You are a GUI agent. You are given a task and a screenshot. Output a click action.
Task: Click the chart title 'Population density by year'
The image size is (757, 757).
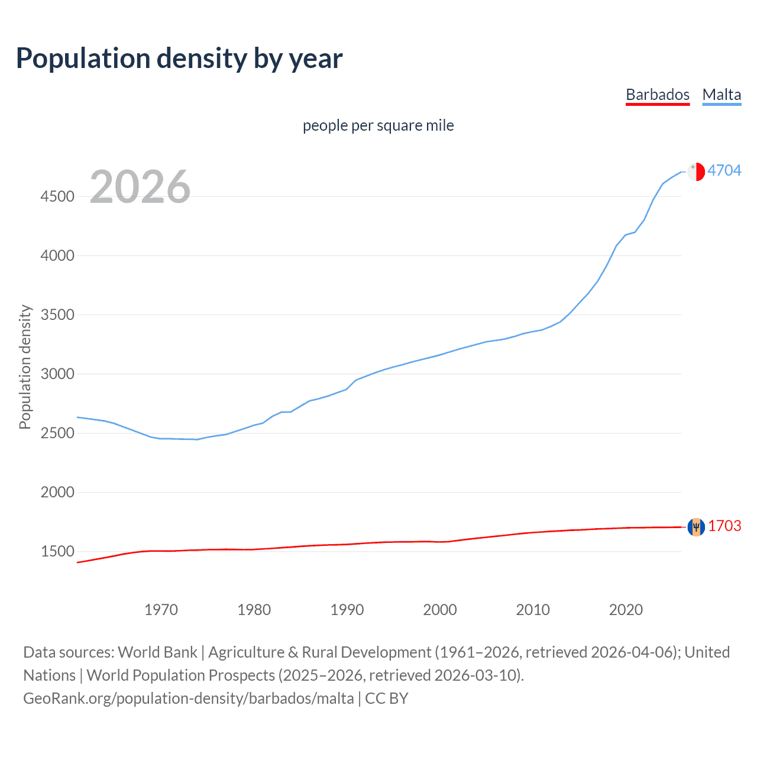click(179, 59)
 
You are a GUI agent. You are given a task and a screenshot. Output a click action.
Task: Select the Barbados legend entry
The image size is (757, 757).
click(657, 95)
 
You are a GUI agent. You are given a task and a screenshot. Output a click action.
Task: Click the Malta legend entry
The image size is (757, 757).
click(722, 95)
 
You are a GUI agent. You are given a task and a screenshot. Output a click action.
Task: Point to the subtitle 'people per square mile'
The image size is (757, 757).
click(378, 125)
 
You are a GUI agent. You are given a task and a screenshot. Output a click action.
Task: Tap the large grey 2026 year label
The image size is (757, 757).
click(140, 187)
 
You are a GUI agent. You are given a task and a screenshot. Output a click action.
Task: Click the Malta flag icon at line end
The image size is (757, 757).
click(696, 171)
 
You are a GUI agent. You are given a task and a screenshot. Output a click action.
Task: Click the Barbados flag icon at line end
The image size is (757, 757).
click(696, 526)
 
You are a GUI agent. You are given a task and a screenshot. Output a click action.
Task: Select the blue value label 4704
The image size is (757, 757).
click(724, 170)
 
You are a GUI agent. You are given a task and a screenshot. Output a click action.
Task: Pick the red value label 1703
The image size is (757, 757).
click(724, 526)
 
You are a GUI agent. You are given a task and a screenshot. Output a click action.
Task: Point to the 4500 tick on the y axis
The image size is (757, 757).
click(57, 196)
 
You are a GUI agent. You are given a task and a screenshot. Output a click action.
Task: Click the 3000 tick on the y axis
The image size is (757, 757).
click(57, 374)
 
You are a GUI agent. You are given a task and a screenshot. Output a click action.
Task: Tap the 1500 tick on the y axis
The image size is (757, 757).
click(57, 551)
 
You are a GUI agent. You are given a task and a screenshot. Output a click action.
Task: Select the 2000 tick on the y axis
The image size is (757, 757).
click(57, 492)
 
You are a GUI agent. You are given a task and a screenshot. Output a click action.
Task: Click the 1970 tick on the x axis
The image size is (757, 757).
click(161, 610)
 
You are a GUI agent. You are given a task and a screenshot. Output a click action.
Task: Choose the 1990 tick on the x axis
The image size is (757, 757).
click(347, 610)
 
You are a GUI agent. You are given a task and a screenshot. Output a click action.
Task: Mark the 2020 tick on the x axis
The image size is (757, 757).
click(626, 610)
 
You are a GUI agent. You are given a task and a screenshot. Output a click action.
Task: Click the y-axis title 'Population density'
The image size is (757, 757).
click(25, 367)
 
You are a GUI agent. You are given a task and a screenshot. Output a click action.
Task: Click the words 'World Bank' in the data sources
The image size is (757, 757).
click(157, 652)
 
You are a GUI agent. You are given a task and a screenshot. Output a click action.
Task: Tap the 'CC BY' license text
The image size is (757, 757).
click(387, 698)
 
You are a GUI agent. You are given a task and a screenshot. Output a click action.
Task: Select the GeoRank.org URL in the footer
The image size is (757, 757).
click(188, 698)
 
